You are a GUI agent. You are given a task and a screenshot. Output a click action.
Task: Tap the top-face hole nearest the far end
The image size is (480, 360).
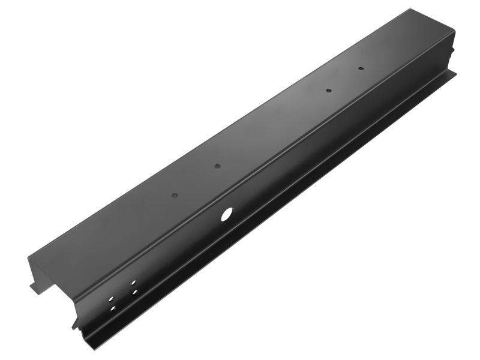pos(361,68)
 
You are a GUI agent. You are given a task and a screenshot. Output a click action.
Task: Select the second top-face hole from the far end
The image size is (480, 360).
pos(329,91)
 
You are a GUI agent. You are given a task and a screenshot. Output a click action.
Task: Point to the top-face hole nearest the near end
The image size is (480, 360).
pos(174,196)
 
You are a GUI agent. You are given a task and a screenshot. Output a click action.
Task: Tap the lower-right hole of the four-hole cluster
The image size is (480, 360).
pos(135,292)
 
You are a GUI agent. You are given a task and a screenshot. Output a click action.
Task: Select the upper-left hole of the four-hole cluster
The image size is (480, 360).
pos(110,298)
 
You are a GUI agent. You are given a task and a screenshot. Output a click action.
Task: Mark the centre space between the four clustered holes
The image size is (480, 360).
pos(123,295)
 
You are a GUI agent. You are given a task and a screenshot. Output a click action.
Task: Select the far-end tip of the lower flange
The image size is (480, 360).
pos(455,74)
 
